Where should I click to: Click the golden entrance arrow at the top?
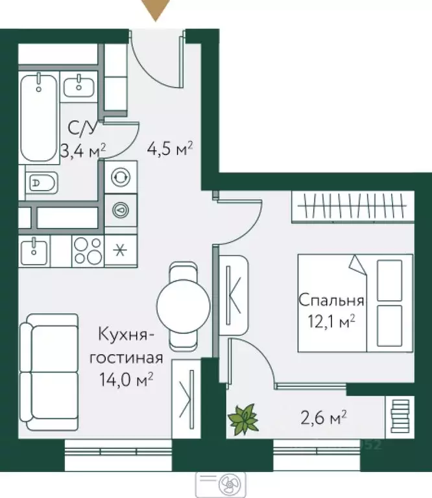tap(156, 10)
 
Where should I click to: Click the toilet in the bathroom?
tap(42, 184)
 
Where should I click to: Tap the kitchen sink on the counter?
tap(34, 250)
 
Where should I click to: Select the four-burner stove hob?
tap(86, 250)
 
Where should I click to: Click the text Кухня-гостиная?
tap(126, 346)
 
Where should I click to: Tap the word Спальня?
tap(331, 300)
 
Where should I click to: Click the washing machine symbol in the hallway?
tap(120, 177)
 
